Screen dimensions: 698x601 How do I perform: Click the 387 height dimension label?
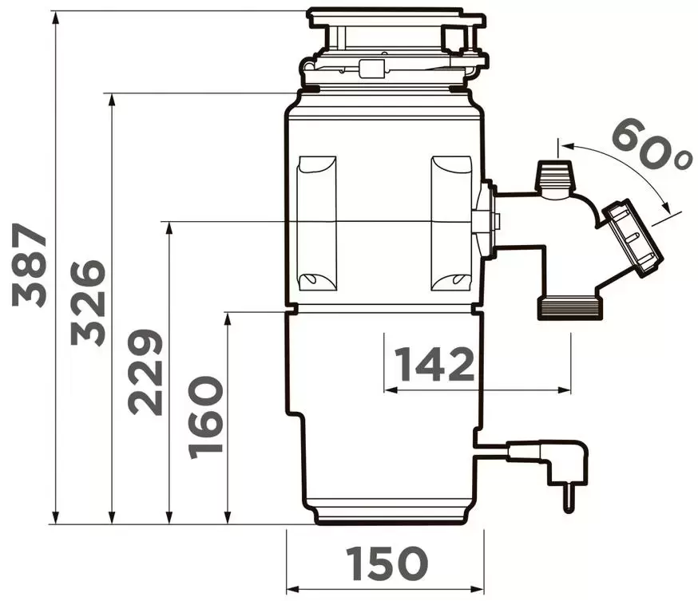point(30,265)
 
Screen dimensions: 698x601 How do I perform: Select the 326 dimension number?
point(88,302)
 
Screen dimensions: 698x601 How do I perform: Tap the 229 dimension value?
point(145,372)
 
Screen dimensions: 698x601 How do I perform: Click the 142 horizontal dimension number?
point(435,364)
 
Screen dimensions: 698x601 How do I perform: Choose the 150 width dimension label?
point(387,563)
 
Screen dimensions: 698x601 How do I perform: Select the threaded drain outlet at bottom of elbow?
point(570,309)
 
